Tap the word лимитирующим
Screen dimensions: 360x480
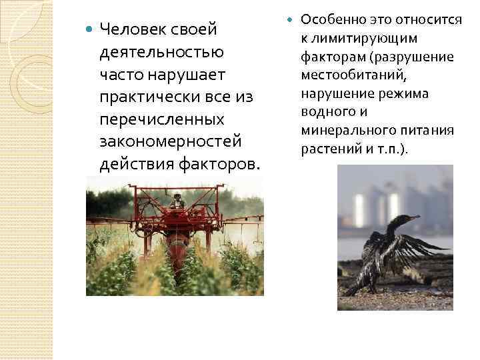click(x=369, y=39)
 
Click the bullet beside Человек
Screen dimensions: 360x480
click(x=89, y=30)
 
